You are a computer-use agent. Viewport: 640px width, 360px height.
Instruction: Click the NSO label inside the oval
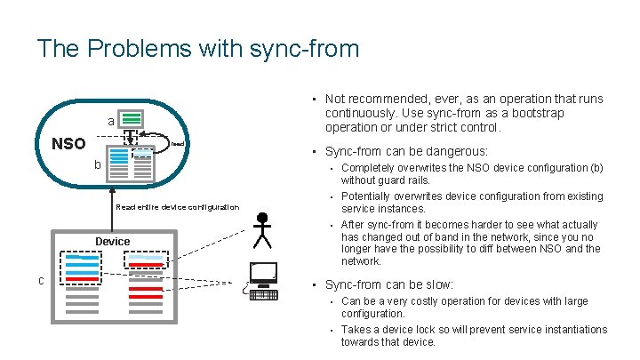tap(68, 144)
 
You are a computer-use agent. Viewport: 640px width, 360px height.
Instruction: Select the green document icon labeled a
tap(132, 119)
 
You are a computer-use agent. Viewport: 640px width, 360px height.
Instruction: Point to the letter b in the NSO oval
tap(99, 166)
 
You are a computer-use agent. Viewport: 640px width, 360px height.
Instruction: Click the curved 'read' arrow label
tap(177, 144)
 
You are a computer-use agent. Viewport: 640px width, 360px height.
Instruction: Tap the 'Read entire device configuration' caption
tap(178, 207)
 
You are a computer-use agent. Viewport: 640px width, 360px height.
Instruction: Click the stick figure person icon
tap(261, 230)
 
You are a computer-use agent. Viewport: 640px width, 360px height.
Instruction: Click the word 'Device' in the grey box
tap(113, 241)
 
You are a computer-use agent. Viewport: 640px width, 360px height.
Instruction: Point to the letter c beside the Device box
tap(42, 281)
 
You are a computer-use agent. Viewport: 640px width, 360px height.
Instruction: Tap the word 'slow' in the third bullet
tap(436, 285)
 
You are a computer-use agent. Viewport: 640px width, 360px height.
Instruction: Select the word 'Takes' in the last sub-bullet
tap(357, 329)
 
